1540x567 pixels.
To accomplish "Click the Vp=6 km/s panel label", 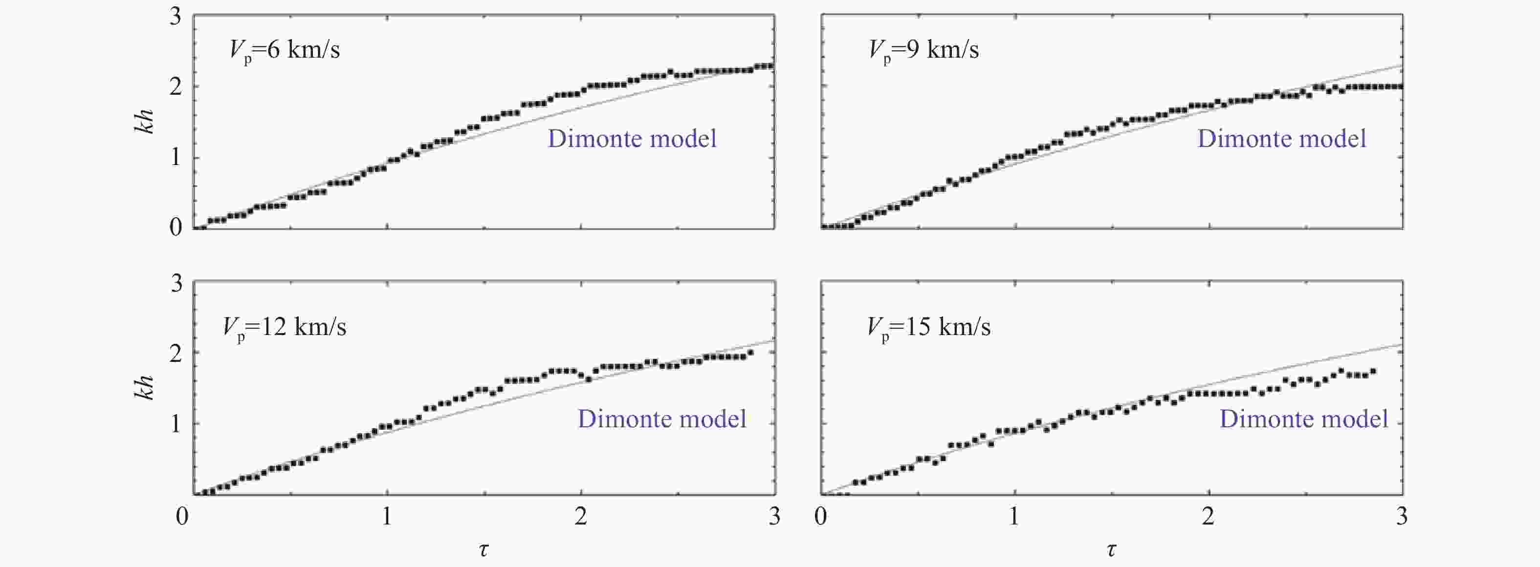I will pos(285,50).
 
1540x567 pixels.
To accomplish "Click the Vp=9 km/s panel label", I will pos(924,50).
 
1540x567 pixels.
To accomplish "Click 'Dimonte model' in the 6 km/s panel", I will pos(632,139).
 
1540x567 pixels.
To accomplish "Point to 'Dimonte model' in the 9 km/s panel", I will pos(1282,139).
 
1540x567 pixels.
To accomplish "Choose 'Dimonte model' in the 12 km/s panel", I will pos(662,419).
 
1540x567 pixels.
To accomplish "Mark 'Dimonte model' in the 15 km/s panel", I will pos(1304,419).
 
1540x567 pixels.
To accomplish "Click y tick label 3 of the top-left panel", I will pos(175,17).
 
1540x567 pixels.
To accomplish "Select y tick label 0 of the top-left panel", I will pos(175,228).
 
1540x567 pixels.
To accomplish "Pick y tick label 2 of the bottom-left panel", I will pos(175,354).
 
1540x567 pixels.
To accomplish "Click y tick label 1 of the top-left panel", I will pos(175,158).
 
